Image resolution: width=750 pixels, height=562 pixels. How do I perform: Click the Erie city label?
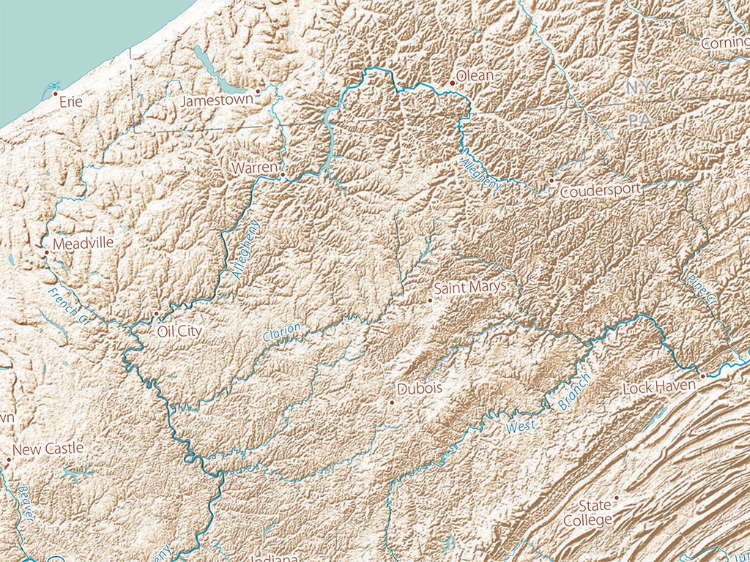[70, 102]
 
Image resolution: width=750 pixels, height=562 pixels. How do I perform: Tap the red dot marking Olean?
[453, 83]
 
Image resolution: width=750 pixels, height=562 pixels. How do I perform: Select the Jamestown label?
[217, 100]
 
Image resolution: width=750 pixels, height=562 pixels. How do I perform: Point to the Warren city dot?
[281, 176]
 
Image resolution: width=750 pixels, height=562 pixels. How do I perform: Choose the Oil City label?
[179, 331]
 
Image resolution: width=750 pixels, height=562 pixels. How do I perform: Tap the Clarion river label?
[281, 332]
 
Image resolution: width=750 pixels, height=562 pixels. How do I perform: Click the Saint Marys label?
[469, 287]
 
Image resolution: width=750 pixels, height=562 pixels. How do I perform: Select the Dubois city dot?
[392, 402]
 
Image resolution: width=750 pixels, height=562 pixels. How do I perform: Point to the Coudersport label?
[600, 191]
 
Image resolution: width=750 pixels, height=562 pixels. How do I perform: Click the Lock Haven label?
[658, 387]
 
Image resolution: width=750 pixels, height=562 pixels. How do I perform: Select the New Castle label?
[48, 449]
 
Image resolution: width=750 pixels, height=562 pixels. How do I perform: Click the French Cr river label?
[69, 306]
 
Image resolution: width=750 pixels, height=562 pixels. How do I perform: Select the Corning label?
[725, 44]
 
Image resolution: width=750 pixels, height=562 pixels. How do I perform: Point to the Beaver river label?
[26, 503]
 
